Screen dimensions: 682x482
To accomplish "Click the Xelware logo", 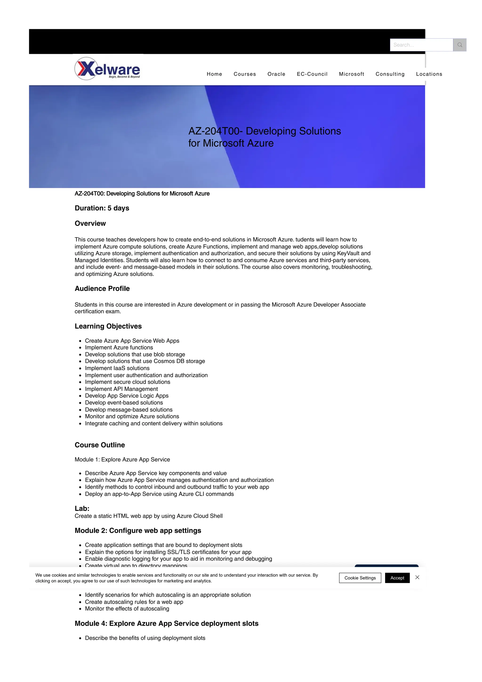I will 107,69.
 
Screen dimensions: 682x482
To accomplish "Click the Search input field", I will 421,45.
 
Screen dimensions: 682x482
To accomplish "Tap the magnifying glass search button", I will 459,45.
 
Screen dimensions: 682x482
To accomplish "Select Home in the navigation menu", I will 214,74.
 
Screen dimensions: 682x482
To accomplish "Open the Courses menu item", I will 245,74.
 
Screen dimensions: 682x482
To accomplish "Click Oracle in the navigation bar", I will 276,74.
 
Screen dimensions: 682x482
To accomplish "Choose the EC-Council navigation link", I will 312,74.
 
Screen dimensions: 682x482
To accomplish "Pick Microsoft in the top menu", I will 351,74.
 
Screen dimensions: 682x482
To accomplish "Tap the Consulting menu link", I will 390,74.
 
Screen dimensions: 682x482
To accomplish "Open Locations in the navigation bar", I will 429,74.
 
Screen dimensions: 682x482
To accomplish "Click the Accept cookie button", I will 397,578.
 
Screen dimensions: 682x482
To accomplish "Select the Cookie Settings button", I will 360,578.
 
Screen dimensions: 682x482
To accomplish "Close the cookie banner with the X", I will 417,577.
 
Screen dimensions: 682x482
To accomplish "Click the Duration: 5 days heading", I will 102,208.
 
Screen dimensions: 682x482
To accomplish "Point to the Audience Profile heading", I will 102,289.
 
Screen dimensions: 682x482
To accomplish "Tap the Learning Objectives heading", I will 108,326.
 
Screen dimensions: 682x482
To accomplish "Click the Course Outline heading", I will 100,445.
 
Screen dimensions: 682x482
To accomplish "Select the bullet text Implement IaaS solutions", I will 117,368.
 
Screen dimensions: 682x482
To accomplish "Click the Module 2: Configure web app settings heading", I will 138,530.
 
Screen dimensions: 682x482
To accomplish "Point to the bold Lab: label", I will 82,508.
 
